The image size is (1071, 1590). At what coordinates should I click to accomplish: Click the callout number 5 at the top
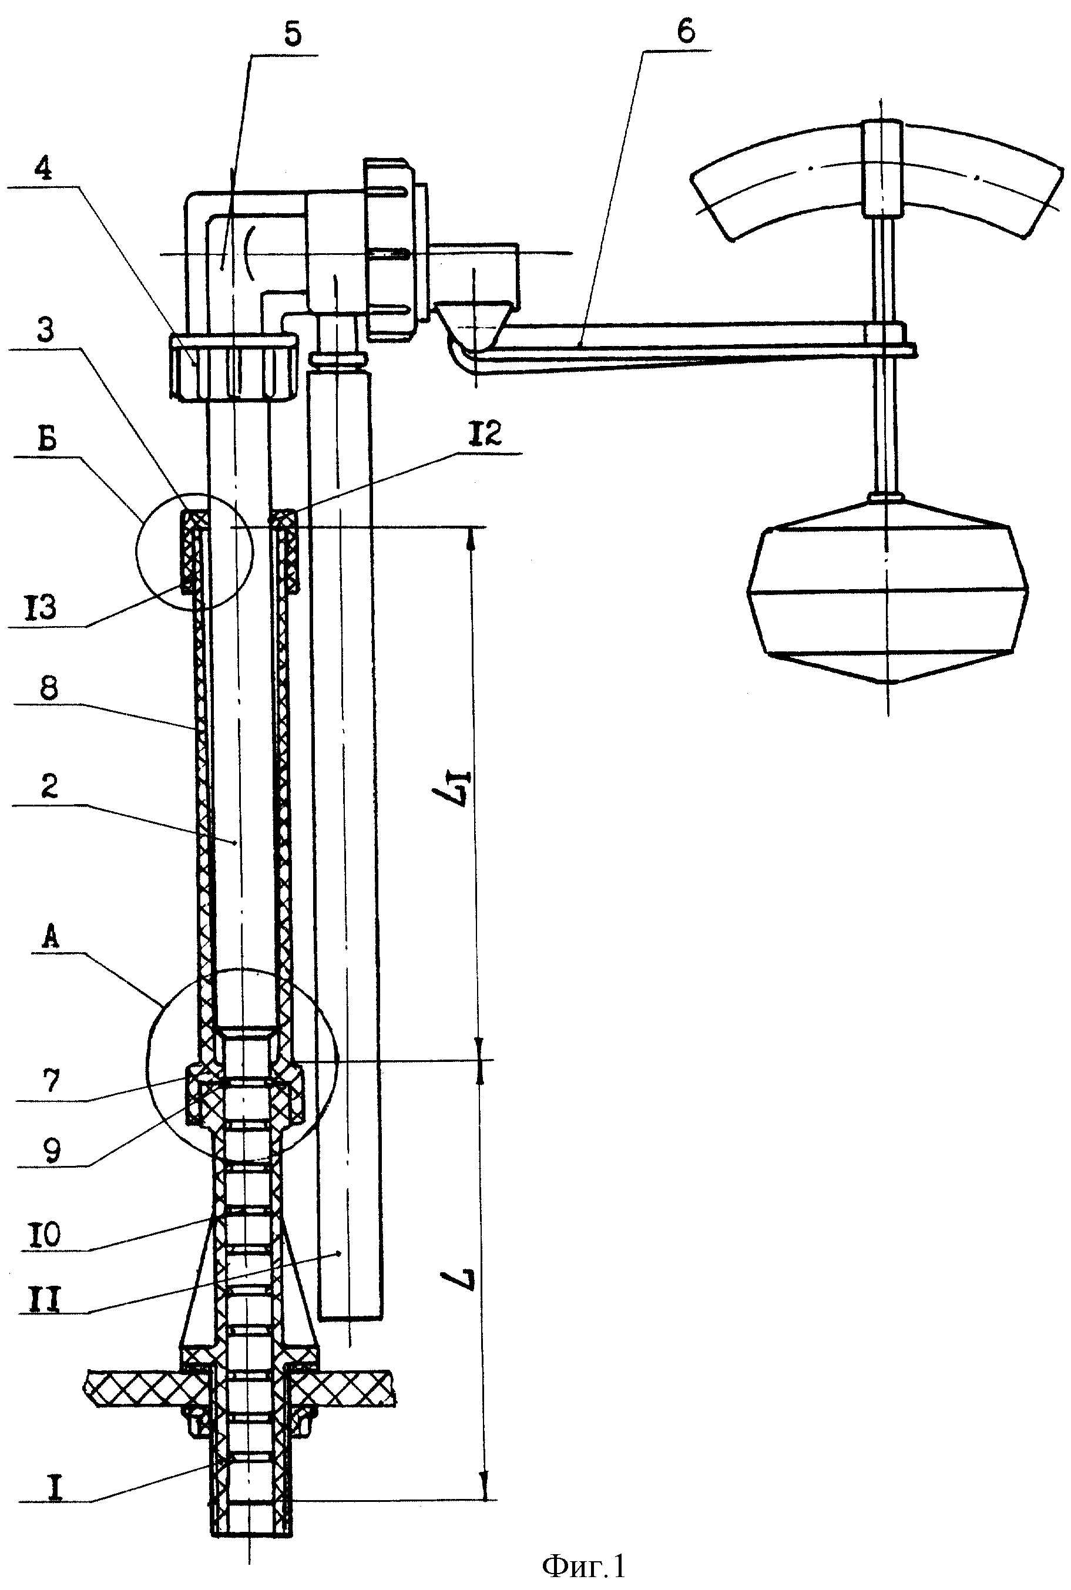[x=293, y=33]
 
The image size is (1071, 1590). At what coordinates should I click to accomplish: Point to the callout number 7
[x=51, y=1081]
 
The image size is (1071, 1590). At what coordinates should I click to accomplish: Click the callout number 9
[x=52, y=1149]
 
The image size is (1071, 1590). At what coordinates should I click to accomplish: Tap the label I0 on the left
[x=46, y=1233]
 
